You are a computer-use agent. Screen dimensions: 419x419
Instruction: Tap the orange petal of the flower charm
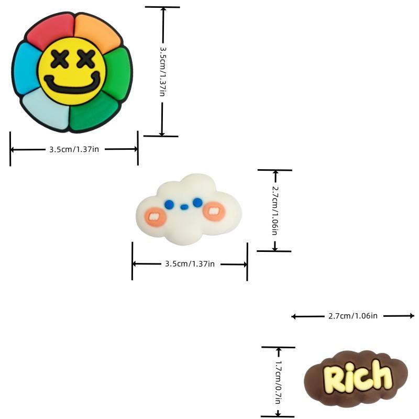[97, 32]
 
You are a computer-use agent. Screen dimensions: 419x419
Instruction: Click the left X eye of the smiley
[60, 59]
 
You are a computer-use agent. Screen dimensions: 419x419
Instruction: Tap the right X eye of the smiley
[86, 59]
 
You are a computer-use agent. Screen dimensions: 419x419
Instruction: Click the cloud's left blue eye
[169, 204]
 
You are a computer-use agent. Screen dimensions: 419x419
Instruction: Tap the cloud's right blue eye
[197, 203]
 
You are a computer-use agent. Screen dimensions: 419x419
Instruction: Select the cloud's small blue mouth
[184, 207]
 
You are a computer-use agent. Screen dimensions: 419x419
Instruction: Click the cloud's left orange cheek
[156, 217]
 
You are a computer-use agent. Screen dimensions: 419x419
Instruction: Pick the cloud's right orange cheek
[214, 212]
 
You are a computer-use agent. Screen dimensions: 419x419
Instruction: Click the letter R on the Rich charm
[334, 379]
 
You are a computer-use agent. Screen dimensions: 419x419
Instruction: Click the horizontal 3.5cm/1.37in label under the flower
[74, 149]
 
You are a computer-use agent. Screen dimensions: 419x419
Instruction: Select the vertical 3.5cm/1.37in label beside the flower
[163, 72]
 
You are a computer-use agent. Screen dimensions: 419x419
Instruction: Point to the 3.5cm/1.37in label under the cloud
[190, 264]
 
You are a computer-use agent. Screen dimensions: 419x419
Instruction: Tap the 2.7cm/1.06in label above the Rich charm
[352, 316]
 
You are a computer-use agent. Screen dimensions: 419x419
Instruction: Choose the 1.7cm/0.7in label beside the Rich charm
[279, 382]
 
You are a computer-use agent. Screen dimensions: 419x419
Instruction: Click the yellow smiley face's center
[72, 71]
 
